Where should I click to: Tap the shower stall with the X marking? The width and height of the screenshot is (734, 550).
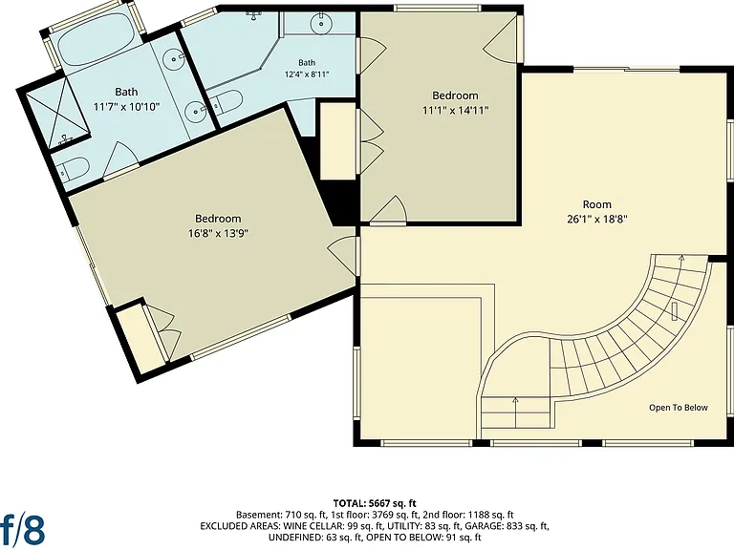pos(55,116)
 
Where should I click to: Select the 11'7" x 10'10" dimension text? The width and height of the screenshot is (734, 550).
pos(126,107)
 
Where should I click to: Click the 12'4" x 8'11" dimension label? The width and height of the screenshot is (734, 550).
pos(307,74)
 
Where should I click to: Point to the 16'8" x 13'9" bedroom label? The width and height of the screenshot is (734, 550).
pos(218,233)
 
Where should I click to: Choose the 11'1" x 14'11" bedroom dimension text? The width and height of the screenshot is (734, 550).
pos(455,111)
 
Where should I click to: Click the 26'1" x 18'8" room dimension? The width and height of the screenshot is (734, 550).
pos(596,219)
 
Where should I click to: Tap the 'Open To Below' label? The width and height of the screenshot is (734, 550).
pos(678,408)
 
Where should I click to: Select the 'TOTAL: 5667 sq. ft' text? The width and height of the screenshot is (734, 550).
pos(375,503)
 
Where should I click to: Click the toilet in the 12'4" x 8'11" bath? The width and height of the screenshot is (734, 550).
pos(227,101)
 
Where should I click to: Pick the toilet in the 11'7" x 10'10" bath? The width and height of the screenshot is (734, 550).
pos(74,167)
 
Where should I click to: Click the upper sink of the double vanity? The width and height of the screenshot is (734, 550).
pos(174,59)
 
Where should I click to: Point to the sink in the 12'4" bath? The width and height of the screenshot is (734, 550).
pos(321,23)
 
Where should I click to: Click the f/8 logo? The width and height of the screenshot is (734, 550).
pos(23,529)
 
